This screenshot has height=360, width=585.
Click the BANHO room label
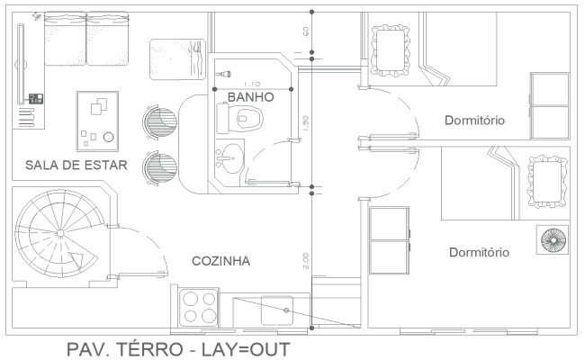[x=244, y=96]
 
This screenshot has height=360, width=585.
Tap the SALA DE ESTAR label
[x=76, y=165]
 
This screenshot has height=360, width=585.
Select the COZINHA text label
[x=220, y=261]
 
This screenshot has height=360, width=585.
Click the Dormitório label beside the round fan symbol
[x=480, y=253]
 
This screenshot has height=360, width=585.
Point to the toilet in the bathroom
[x=241, y=118]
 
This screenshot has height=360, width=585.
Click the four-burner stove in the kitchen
[x=201, y=306]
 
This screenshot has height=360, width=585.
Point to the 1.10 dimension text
[x=253, y=83]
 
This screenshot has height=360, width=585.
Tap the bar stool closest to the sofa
[x=157, y=121]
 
